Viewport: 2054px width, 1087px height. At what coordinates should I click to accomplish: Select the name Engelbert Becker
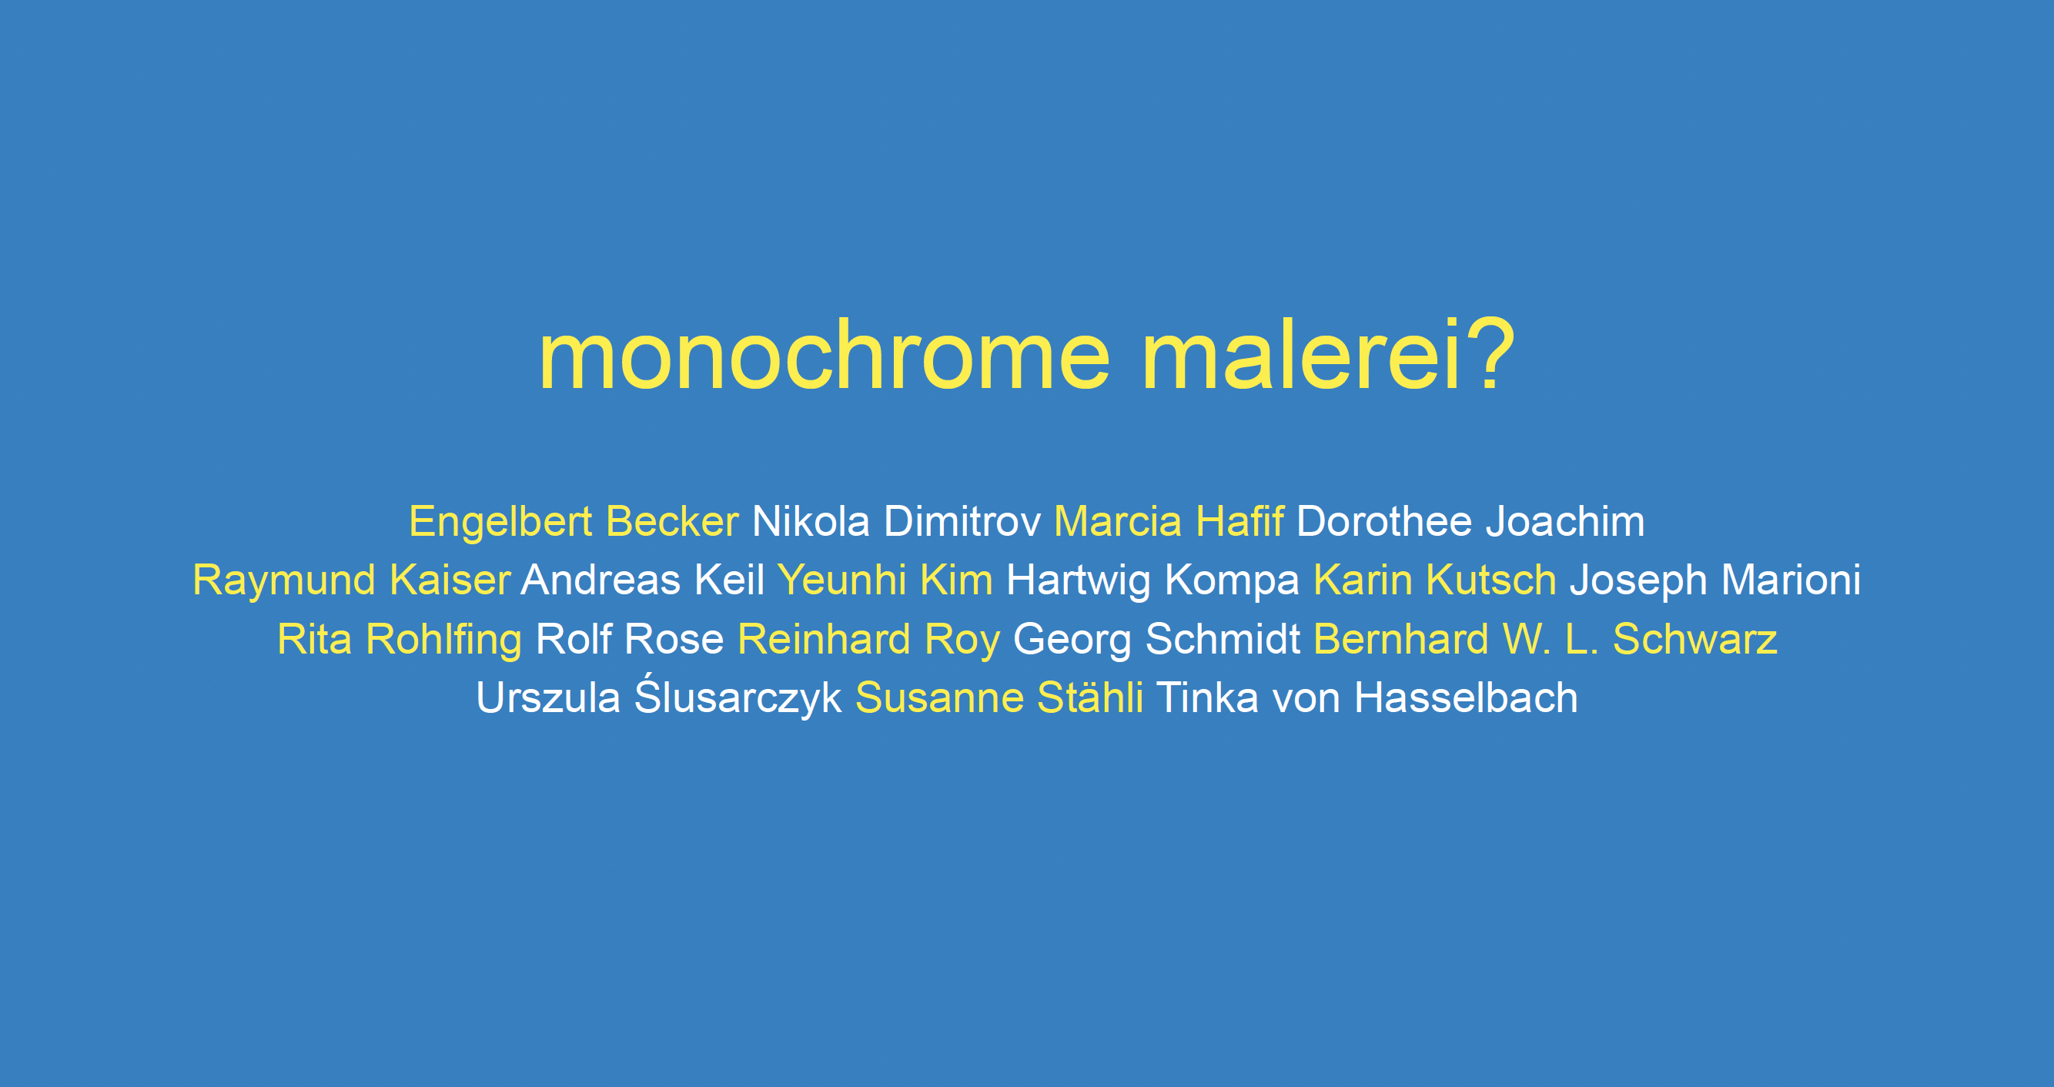pyautogui.click(x=574, y=523)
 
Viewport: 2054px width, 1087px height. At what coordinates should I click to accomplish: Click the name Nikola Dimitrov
pyautogui.click(x=896, y=523)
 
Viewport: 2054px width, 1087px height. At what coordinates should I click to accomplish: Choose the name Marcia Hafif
pyautogui.click(x=1168, y=523)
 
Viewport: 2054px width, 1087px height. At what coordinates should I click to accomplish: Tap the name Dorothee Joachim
pyautogui.click(x=1470, y=523)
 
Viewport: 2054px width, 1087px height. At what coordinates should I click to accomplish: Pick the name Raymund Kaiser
pyautogui.click(x=352, y=580)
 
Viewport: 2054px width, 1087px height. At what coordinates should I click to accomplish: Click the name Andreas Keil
pyautogui.click(x=643, y=580)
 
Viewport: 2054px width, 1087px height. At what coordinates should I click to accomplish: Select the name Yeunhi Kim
pyautogui.click(x=885, y=580)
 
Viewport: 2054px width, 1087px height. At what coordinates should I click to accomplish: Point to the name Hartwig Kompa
pyautogui.click(x=1153, y=580)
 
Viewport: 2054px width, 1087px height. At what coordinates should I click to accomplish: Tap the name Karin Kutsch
pyautogui.click(x=1434, y=580)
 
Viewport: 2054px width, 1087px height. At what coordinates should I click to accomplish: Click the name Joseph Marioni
pyautogui.click(x=1715, y=580)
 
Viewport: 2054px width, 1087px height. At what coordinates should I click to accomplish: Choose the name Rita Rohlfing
pyautogui.click(x=400, y=640)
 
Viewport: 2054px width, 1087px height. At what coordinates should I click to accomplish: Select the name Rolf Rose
pyautogui.click(x=630, y=640)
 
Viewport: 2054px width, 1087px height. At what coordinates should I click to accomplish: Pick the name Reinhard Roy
pyautogui.click(x=868, y=640)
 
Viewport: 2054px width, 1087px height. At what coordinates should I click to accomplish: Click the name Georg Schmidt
pyautogui.click(x=1157, y=640)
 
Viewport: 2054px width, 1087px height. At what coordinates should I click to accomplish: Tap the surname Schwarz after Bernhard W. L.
pyautogui.click(x=1695, y=640)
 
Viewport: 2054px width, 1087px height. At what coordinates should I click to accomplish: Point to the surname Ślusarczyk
pyautogui.click(x=738, y=695)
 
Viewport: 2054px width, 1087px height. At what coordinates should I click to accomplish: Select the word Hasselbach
pyautogui.click(x=1467, y=698)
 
